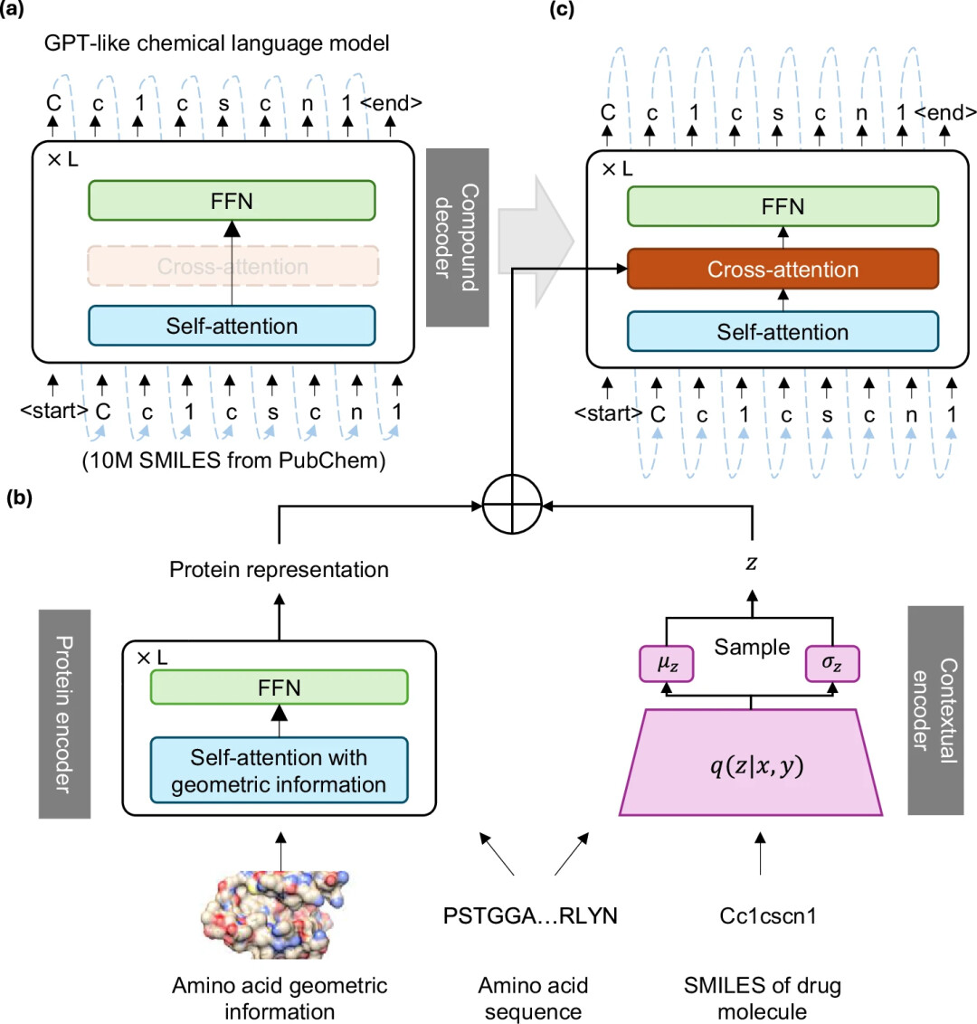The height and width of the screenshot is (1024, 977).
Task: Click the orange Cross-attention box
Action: [783, 270]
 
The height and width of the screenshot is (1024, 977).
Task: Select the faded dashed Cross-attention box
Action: [232, 266]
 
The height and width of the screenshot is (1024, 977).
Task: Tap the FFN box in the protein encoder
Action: [279, 688]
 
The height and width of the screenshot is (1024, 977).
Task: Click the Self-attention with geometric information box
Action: [279, 771]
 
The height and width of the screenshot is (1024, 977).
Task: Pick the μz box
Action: [667, 664]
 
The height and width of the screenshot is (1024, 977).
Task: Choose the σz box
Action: [831, 664]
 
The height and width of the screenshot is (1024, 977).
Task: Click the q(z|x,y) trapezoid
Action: [751, 764]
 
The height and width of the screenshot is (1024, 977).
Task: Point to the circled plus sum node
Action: [512, 504]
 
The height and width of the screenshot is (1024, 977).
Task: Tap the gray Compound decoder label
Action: [457, 238]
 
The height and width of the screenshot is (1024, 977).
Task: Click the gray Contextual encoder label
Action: [935, 710]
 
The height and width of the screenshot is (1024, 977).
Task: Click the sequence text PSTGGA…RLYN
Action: [530, 915]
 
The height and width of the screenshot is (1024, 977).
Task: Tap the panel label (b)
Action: [20, 498]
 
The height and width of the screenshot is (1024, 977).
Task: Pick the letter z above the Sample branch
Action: [751, 564]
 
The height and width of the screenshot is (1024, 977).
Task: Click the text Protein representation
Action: [279, 570]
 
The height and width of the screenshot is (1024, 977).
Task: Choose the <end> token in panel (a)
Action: [391, 103]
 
